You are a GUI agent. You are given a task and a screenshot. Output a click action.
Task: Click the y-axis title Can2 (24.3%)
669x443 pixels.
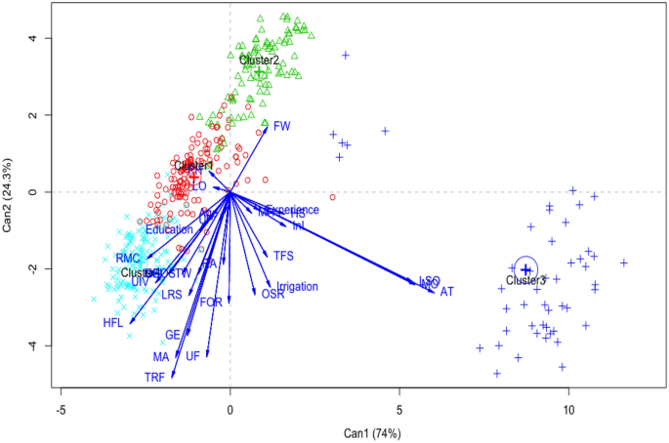(x=10, y=192)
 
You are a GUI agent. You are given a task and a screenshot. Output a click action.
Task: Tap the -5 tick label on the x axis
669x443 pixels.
(x=61, y=401)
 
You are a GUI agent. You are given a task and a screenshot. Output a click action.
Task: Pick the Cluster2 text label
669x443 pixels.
(x=260, y=60)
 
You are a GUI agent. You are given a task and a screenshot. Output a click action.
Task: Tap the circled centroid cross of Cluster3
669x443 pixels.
(x=525, y=268)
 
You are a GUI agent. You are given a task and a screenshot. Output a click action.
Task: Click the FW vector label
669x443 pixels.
(x=282, y=126)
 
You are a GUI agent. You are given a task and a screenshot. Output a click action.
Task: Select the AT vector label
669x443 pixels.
(x=447, y=292)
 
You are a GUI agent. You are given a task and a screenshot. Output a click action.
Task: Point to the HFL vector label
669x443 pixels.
(x=114, y=323)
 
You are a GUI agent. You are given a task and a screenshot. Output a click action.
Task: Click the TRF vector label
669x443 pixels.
(x=155, y=377)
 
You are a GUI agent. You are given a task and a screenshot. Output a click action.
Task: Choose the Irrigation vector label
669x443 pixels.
(x=298, y=287)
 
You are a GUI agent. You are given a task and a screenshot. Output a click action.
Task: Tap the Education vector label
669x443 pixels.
(x=169, y=229)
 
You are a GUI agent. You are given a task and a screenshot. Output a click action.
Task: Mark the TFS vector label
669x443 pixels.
(x=283, y=256)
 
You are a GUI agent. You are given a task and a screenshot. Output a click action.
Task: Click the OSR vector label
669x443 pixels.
(x=272, y=294)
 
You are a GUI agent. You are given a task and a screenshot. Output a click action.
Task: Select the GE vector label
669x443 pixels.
(x=173, y=335)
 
